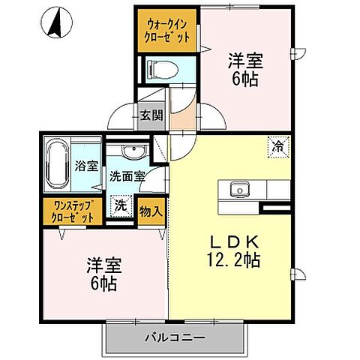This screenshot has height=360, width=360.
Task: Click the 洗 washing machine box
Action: [121, 203]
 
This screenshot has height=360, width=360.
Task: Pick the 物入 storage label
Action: [151, 211]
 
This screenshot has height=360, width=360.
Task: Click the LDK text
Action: [234, 242]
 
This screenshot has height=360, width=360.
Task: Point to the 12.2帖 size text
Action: [234, 260]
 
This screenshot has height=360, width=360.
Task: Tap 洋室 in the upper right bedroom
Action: [247, 58]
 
